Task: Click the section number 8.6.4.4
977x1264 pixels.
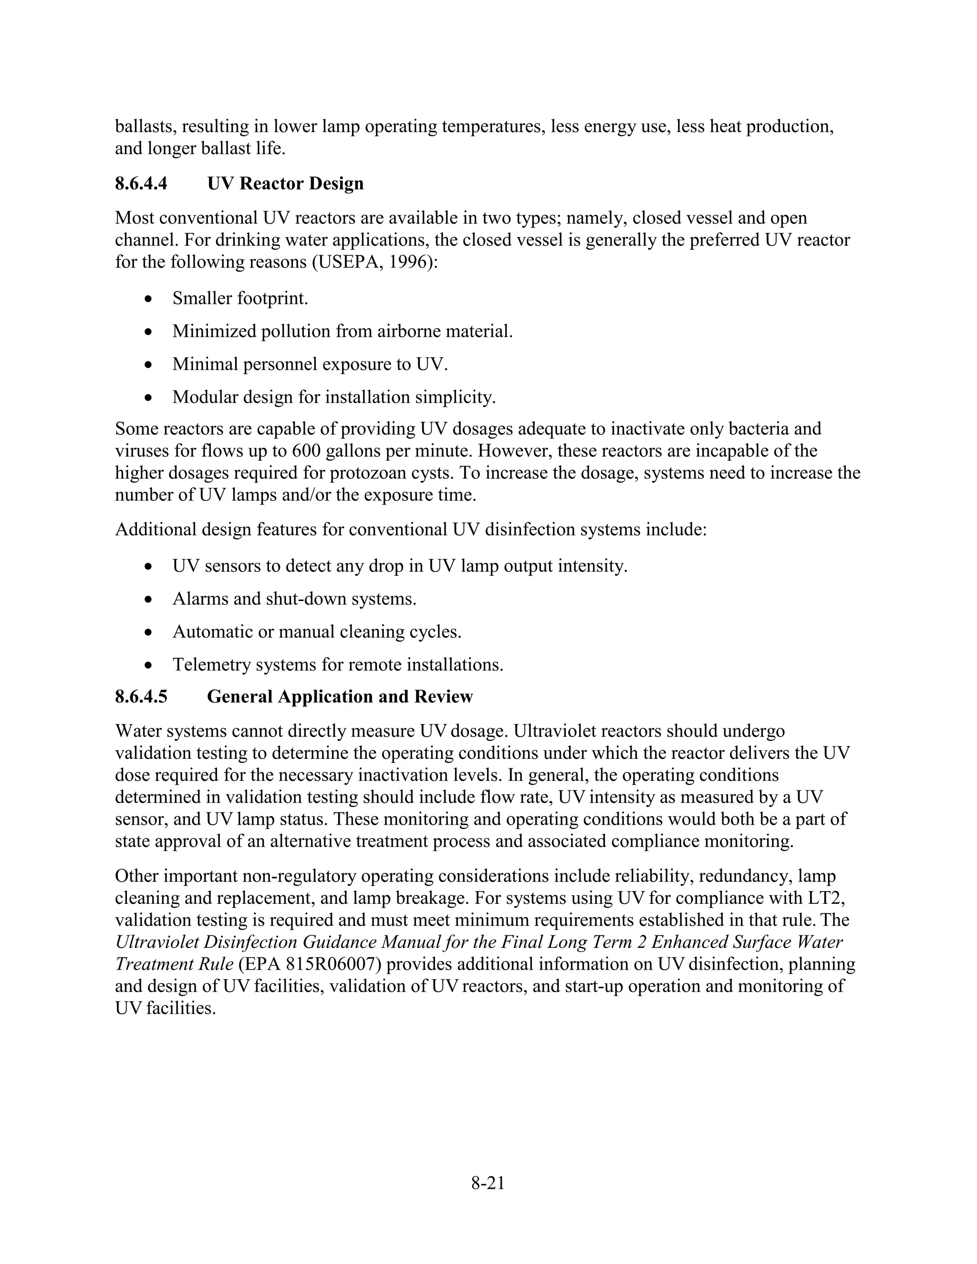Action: (141, 184)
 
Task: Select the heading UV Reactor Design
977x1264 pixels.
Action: (285, 184)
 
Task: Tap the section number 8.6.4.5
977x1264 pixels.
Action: (141, 696)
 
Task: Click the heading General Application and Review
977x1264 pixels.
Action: (340, 696)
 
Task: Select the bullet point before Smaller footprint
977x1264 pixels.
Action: (149, 299)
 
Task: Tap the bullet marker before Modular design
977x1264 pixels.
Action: (149, 398)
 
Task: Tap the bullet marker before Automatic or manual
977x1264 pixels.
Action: (149, 632)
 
